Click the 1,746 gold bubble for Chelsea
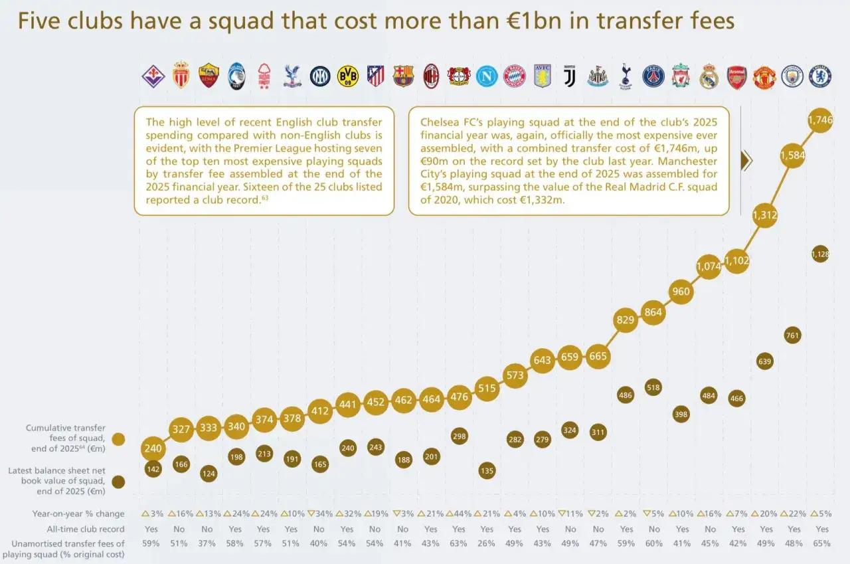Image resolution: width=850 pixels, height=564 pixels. pos(820,120)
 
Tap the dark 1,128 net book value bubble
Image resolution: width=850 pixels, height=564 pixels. pos(820,254)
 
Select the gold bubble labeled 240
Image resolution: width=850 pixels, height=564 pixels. pos(153,448)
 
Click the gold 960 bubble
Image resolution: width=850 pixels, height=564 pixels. pos(681,292)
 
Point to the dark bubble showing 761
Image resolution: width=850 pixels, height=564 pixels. pos(792,335)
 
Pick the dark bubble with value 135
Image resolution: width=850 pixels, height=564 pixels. pos(487,470)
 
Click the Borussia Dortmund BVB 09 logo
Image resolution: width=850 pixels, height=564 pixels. pos(347,76)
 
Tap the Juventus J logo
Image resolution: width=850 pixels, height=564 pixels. pos(570,76)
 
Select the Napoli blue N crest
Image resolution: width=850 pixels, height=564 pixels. pos(487,76)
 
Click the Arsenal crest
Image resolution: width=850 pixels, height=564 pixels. pos(736,77)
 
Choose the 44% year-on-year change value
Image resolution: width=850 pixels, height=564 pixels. pos(458,514)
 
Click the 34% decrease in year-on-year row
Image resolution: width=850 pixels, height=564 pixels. pos(319,514)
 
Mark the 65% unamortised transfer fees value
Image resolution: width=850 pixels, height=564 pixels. pos(821,543)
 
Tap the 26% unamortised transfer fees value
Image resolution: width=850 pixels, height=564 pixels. pos(486,543)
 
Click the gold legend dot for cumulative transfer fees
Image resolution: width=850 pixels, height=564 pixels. pos(118,439)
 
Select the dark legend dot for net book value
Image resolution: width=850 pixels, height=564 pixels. pos(118,482)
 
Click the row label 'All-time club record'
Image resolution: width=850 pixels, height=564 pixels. pos(86,529)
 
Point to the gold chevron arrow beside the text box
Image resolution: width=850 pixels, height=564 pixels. pos(746,161)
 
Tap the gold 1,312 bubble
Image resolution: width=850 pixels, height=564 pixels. pos(764,215)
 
